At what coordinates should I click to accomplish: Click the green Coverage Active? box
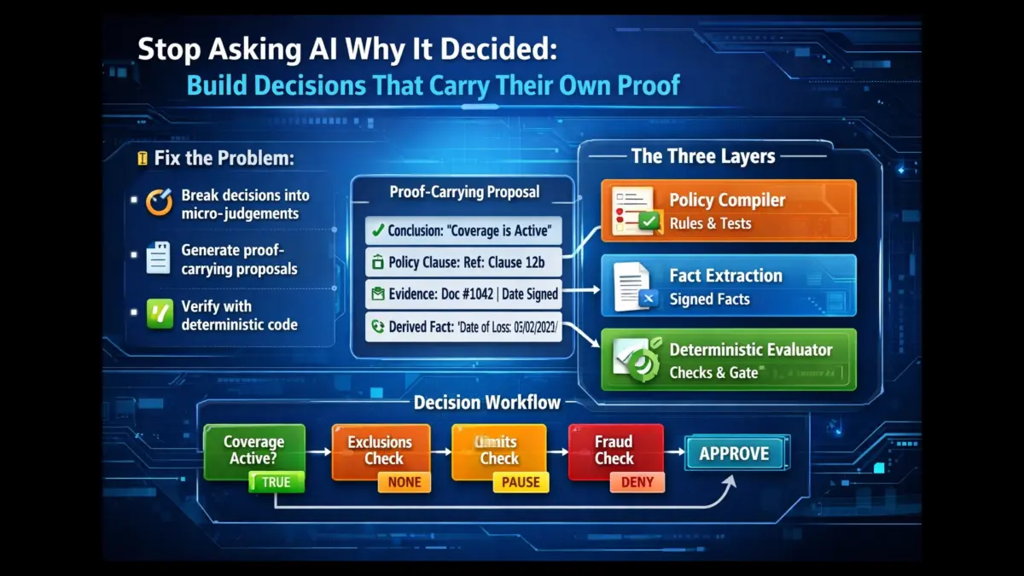click(253, 451)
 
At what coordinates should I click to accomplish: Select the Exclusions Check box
click(380, 450)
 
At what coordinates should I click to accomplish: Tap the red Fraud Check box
click(614, 450)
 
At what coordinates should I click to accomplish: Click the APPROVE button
click(734, 454)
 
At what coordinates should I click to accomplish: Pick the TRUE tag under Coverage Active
click(276, 482)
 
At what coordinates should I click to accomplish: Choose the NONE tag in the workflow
click(404, 482)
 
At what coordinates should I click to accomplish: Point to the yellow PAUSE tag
click(521, 482)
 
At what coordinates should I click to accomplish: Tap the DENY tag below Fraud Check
click(637, 482)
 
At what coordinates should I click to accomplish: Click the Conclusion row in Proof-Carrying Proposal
click(463, 230)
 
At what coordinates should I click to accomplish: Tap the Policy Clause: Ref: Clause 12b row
click(463, 262)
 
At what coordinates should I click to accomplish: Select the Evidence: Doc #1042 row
click(463, 294)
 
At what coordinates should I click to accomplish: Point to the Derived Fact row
click(463, 326)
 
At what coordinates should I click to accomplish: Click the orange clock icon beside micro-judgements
click(159, 202)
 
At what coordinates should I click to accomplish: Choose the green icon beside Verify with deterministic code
click(160, 314)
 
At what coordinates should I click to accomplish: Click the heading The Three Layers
click(703, 156)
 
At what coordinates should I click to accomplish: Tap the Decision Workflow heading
click(487, 402)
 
